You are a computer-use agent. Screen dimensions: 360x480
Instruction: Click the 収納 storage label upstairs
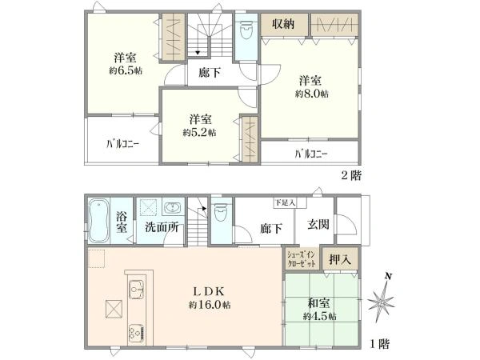point(282,24)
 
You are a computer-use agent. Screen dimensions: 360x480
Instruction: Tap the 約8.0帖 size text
point(311,94)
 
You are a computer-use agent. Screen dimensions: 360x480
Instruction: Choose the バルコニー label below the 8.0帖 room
point(310,154)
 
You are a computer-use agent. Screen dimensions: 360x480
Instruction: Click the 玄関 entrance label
point(311,227)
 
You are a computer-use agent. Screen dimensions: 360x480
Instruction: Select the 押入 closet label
point(341,259)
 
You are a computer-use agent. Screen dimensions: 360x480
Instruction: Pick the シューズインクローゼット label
point(302,259)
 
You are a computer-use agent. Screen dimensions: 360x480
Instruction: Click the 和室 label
point(319,304)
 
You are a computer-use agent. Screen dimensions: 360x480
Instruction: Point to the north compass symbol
point(383,302)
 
